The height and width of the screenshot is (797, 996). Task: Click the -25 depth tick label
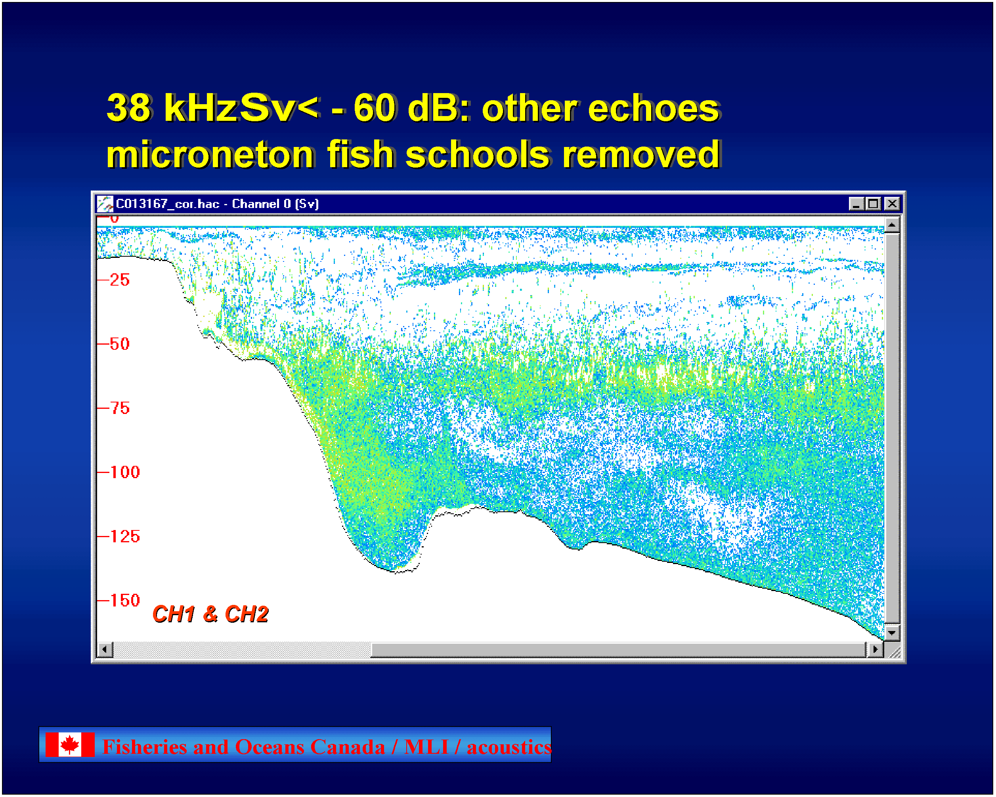[x=120, y=280]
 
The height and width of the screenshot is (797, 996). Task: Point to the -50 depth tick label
[x=120, y=344]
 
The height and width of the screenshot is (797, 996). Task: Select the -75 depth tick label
[x=120, y=408]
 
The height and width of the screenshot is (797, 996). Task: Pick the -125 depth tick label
[x=125, y=537]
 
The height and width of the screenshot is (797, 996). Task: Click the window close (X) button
[x=892, y=204]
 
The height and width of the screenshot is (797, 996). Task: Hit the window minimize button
[x=856, y=204]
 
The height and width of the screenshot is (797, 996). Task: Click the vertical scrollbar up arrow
[x=892, y=225]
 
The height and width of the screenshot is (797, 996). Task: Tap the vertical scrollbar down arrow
[x=892, y=633]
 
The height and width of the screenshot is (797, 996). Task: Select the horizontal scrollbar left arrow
[x=105, y=650]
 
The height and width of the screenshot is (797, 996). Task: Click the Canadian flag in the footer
[x=70, y=745]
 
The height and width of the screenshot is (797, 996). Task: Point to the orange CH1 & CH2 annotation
[x=210, y=614]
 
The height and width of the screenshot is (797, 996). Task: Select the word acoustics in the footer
[x=509, y=747]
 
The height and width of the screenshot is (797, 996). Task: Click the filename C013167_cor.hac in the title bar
[x=167, y=204]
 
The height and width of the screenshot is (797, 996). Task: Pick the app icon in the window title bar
[x=105, y=204]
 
